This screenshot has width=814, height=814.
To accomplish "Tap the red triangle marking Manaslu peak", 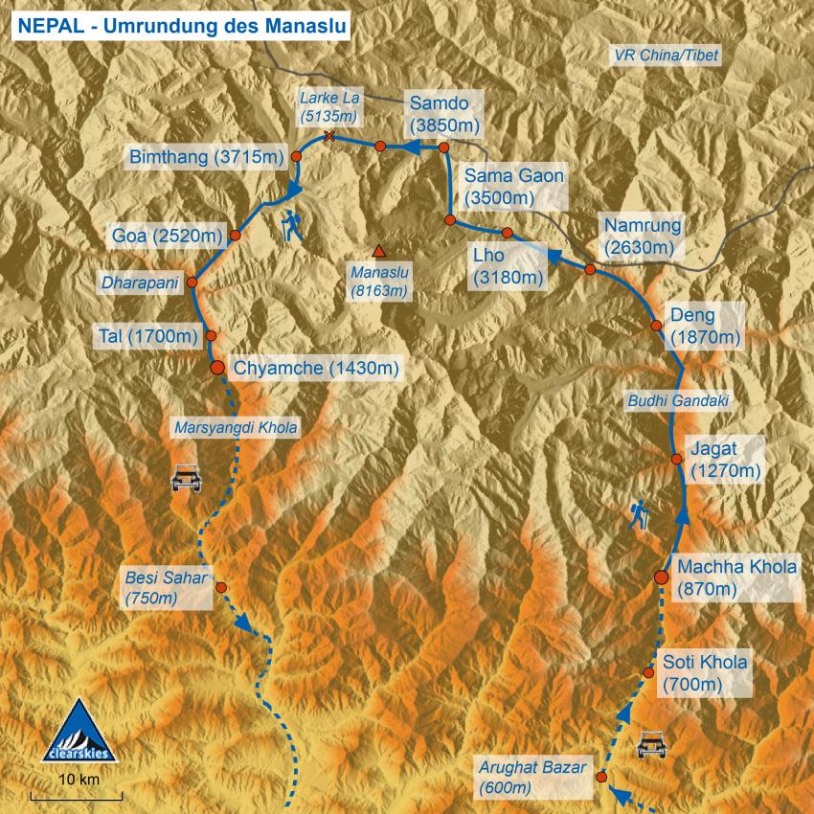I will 379,252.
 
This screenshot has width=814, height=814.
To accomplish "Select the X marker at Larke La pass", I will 329,137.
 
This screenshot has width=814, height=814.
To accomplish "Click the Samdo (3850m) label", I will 443,113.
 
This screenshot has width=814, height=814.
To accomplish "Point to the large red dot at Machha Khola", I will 661,577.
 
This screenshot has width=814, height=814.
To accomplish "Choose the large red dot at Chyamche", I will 217,367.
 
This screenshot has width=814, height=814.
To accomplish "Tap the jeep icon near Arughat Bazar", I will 652,744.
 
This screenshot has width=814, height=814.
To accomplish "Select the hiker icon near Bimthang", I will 292,226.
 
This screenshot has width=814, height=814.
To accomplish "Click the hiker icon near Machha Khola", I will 640,515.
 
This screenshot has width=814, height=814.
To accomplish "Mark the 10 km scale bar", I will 77,794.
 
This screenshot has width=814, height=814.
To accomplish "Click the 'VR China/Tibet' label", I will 665,57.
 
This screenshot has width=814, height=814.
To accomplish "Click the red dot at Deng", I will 657,326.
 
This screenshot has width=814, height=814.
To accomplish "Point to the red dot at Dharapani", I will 192,283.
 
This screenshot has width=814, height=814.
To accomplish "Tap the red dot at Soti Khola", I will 649,674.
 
